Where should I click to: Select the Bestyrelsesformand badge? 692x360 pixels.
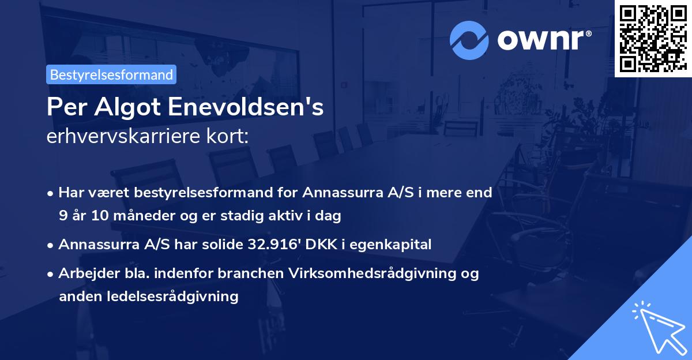(111, 74)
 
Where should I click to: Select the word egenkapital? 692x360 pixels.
(396, 244)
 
